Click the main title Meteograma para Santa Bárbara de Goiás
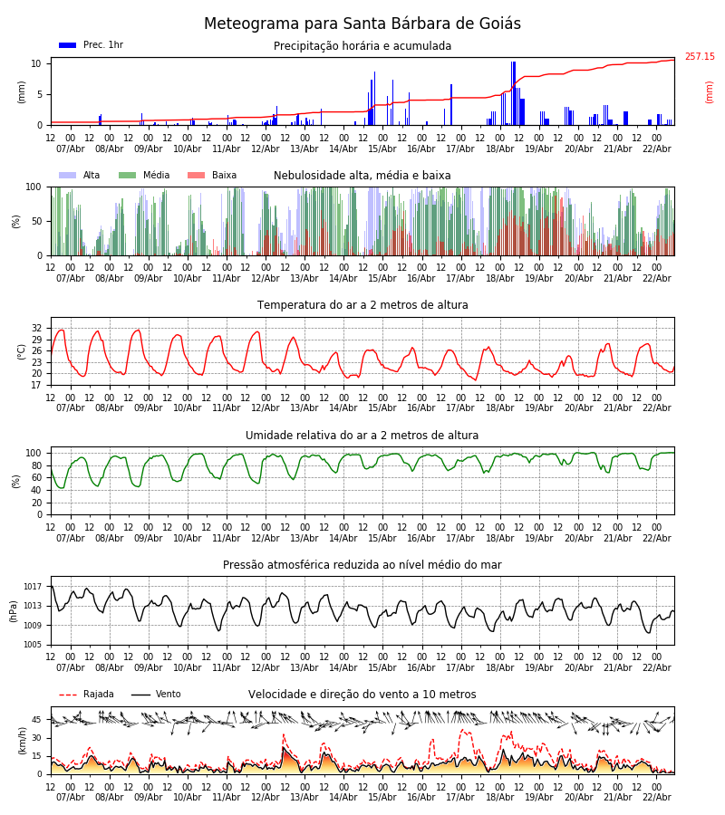pos(362,24)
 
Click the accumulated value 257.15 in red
pos(699,57)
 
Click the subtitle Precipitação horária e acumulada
pos(362,46)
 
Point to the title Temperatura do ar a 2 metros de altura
pos(362,305)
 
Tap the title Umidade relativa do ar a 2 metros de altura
pos(362,436)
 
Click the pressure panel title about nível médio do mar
pos(362,565)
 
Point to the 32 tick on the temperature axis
pos(36,328)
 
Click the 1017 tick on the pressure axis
pos(34,587)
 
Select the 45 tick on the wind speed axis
pos(36,720)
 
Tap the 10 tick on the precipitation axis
pos(36,63)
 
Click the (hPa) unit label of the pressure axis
pos(14,610)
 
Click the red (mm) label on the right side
pos(710,91)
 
